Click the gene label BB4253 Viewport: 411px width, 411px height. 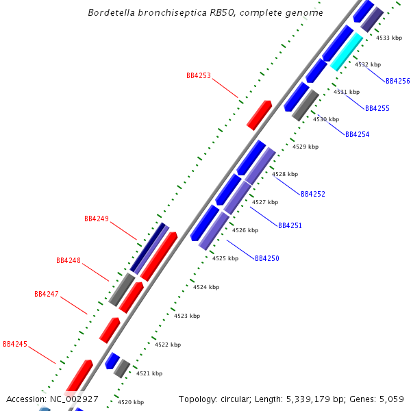(199, 75)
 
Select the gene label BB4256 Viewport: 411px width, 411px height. (397, 81)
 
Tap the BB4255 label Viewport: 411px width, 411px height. (377, 108)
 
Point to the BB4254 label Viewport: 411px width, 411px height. (357, 134)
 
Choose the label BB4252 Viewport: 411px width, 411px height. (312, 194)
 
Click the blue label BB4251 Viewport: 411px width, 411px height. (290, 225)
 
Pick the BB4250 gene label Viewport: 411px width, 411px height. (267, 258)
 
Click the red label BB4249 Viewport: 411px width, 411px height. (97, 219)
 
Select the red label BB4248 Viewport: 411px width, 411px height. (68, 260)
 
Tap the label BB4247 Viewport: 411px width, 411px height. (47, 294)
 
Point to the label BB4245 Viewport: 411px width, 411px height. (15, 343)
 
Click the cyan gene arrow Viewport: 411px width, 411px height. (347, 52)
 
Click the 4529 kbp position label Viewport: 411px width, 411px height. (306, 147)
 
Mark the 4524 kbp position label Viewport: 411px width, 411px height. (206, 287)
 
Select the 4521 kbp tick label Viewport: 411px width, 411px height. (149, 373)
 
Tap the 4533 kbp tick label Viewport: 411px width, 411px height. (389, 38)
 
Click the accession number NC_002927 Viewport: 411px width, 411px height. (74, 399)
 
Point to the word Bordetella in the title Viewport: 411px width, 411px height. (114, 13)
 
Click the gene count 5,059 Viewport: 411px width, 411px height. (391, 399)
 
